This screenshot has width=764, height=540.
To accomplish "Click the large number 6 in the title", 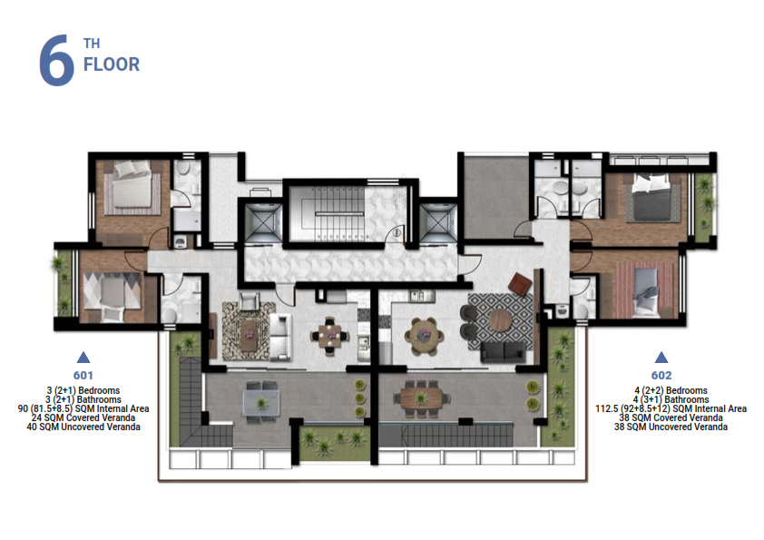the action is coord(56,61).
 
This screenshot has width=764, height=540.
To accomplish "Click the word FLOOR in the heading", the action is coord(112,64).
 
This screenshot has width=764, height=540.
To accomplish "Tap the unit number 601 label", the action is coord(83,375).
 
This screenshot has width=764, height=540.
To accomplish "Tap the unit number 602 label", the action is coord(661,375).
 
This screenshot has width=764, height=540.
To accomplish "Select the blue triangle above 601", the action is coord(83,358).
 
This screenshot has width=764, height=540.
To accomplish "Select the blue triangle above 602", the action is coord(661,358).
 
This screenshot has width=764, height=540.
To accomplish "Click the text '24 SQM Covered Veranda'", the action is coord(83,417).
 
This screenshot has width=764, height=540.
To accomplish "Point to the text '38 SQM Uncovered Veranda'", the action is coord(671,427).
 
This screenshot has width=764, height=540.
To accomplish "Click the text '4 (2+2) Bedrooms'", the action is coord(671,390).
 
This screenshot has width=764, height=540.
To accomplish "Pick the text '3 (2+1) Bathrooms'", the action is coord(83,399).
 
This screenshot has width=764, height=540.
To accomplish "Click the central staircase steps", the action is coord(339,213).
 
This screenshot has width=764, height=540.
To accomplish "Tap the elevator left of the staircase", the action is coord(263,222).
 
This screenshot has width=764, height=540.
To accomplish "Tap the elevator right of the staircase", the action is coord(438,222).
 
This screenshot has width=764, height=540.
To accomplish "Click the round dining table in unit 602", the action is coord(426,335).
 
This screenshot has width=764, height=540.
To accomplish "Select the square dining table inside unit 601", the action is coord(330,334).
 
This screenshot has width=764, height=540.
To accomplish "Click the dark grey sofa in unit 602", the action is coord(504,351).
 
